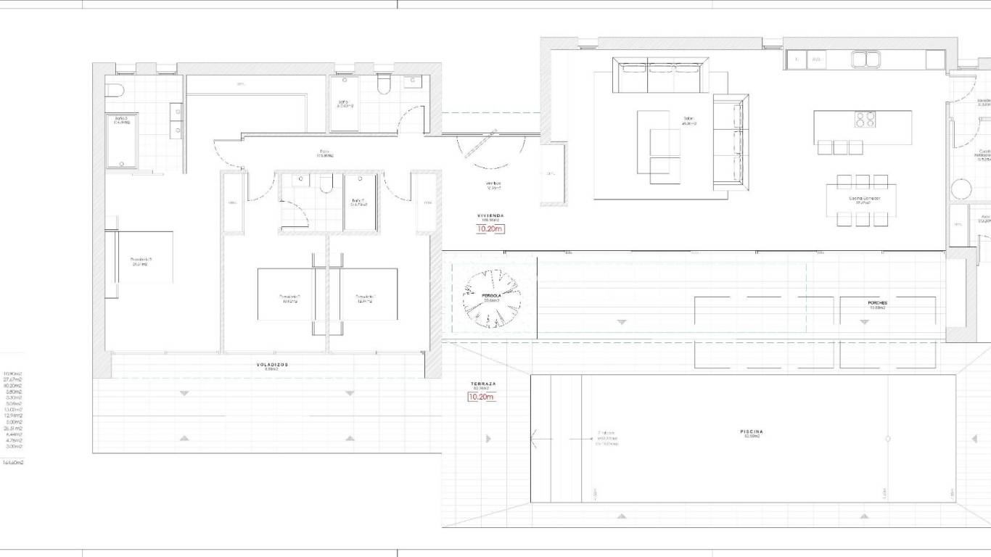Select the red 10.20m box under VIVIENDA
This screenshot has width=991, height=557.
click(x=490, y=229)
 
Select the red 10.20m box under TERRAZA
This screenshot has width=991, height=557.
click(x=481, y=397)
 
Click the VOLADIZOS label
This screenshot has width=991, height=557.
click(x=268, y=366)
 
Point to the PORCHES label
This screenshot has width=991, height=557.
click(x=877, y=303)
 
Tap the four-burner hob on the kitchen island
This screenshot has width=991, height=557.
click(x=864, y=119)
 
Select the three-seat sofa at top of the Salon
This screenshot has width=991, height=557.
click(x=659, y=75)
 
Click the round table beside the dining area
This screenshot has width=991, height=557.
click(x=961, y=190)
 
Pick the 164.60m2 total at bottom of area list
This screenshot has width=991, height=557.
click(x=13, y=462)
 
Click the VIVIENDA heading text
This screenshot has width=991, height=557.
click(x=490, y=216)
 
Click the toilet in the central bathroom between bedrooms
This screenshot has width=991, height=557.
click(x=326, y=185)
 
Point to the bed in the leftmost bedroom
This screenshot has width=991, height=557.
click(x=140, y=258)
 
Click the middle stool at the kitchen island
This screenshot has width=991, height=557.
click(x=840, y=147)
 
